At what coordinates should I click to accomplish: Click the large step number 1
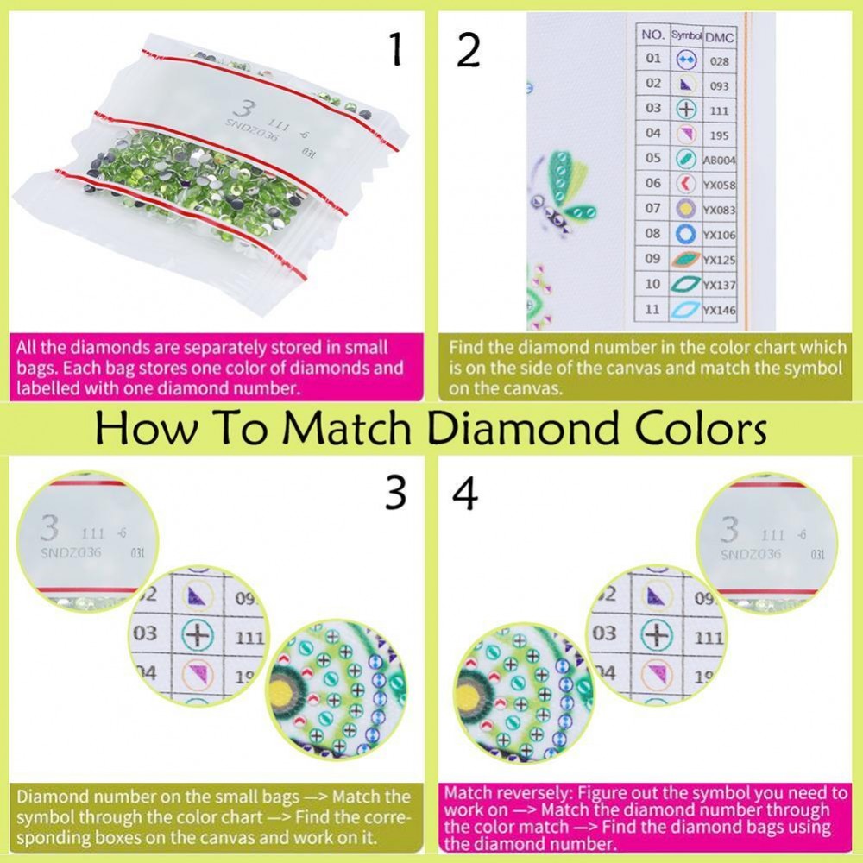(x=395, y=49)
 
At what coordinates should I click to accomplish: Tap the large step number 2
(x=469, y=50)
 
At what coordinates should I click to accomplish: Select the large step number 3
(x=396, y=493)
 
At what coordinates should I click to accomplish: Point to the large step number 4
(x=465, y=493)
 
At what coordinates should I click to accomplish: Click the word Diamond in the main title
(x=526, y=428)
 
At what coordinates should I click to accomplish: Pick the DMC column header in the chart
(x=719, y=37)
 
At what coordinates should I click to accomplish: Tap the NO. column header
(x=652, y=35)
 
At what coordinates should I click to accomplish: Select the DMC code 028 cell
(x=720, y=61)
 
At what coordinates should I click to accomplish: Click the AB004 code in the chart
(x=720, y=161)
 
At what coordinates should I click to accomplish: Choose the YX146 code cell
(x=720, y=311)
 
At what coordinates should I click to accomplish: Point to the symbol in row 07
(x=685, y=209)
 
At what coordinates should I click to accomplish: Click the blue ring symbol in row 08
(x=685, y=234)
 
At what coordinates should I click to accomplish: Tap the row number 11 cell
(x=652, y=309)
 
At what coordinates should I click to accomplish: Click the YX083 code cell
(x=720, y=210)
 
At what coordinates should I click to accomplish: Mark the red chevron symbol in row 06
(x=685, y=183)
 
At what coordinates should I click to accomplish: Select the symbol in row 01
(x=686, y=59)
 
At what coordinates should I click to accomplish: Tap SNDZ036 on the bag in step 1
(x=251, y=130)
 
